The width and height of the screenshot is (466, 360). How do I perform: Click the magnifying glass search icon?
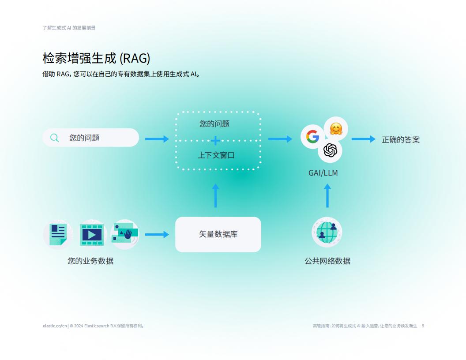coord(54,138)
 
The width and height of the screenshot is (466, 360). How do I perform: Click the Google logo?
coord(312,137)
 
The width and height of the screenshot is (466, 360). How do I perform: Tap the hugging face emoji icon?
coord(336,129)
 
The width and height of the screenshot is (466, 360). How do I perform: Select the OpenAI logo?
coord(330,150)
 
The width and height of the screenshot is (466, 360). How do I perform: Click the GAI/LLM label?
coord(323,173)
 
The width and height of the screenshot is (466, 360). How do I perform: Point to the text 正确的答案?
coord(401,139)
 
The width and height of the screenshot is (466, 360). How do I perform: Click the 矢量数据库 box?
coord(218,234)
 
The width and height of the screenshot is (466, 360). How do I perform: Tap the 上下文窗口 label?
coord(216,155)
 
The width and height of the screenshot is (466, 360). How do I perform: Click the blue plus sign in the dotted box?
coord(215,140)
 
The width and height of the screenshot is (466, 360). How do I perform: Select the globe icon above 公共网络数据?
coord(327,232)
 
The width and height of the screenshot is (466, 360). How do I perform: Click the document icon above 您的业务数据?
coord(58,234)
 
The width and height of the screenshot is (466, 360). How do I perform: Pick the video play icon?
coord(91,235)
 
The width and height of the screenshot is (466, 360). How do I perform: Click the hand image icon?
coord(125,234)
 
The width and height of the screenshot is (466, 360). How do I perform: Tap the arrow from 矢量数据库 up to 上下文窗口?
coord(215,195)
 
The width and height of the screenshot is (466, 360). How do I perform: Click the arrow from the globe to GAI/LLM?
coord(327,195)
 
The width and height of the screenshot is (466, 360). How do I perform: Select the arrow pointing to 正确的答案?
coord(364,139)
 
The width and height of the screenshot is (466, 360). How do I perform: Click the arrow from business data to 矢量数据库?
coord(157,234)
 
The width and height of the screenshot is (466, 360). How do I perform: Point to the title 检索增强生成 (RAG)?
coord(96,58)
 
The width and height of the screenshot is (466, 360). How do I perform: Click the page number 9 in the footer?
coord(423,326)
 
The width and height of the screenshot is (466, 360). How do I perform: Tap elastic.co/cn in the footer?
coord(55,326)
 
